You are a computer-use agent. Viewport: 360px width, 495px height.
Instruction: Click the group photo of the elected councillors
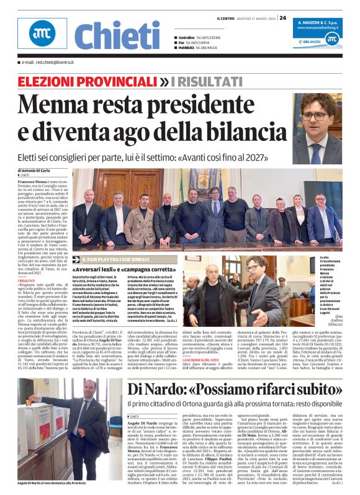coord(199,212)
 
